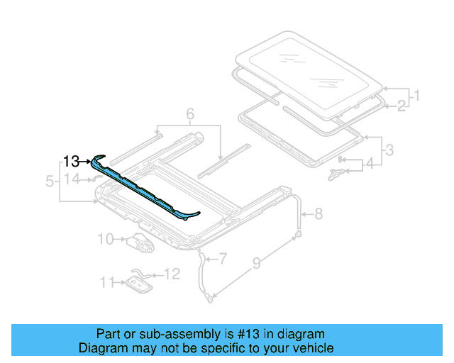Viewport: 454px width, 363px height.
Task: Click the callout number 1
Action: click(x=417, y=95)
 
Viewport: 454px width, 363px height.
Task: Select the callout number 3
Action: click(x=388, y=150)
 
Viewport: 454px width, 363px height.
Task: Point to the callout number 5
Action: click(x=50, y=181)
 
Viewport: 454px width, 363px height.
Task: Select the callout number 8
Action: click(x=318, y=212)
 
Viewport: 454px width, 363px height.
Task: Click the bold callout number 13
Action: click(x=71, y=161)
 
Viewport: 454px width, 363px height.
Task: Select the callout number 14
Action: click(x=73, y=179)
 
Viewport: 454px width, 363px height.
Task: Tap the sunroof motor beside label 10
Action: click(x=140, y=243)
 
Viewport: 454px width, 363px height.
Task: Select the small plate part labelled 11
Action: click(x=135, y=284)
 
